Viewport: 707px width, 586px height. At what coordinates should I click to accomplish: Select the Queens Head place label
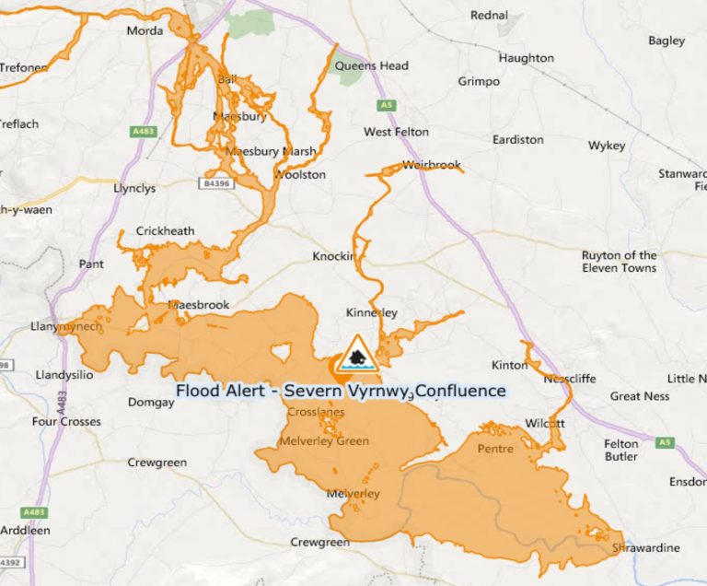372,66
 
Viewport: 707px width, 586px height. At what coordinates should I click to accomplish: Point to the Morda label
145,31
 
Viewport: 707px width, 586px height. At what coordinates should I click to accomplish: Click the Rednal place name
489,16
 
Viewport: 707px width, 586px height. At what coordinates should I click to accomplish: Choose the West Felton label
396,132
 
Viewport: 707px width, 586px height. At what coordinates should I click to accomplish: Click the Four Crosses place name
66,422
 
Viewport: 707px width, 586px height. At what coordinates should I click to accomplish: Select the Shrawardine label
646,548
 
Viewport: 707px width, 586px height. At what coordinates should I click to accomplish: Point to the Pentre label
495,449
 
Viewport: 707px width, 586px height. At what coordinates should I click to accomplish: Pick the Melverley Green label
328,441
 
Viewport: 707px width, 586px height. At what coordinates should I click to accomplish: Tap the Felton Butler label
621,451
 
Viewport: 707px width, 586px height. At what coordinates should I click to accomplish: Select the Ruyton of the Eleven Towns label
619,262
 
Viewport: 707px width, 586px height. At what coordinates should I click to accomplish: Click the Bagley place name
666,41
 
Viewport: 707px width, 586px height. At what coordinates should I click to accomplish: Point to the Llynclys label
134,189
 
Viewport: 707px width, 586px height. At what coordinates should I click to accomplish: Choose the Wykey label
607,146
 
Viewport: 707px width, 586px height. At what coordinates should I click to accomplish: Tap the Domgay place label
150,403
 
